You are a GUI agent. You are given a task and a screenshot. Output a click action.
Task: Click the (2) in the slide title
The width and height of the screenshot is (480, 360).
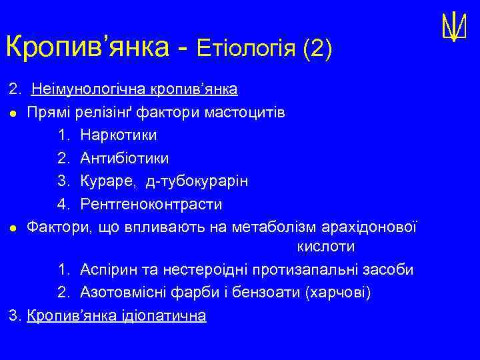coord(317,49)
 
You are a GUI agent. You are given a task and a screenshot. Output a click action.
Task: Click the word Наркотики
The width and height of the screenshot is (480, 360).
coord(119,135)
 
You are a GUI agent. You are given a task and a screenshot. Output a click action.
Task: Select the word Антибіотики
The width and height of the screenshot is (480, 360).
coord(124,158)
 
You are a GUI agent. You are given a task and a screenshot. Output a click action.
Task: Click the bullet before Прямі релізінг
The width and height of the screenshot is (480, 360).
coord(14,113)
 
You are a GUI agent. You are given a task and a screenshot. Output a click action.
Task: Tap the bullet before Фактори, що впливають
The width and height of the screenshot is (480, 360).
coord(14,227)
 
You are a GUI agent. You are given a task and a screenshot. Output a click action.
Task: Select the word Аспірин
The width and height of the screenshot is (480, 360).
coord(108,270)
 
